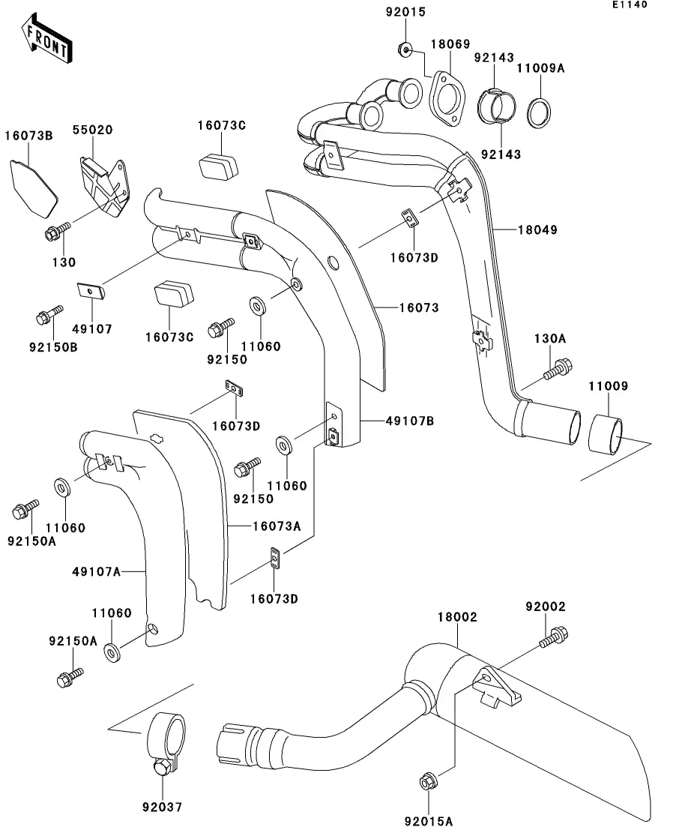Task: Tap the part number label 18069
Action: (x=447, y=45)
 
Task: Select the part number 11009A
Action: (x=540, y=68)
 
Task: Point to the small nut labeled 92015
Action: (x=405, y=50)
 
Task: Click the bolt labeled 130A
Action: (x=558, y=369)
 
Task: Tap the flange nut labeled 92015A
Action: (x=427, y=782)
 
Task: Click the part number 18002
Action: (x=457, y=617)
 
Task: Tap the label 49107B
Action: (x=410, y=421)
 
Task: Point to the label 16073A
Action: (x=275, y=527)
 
